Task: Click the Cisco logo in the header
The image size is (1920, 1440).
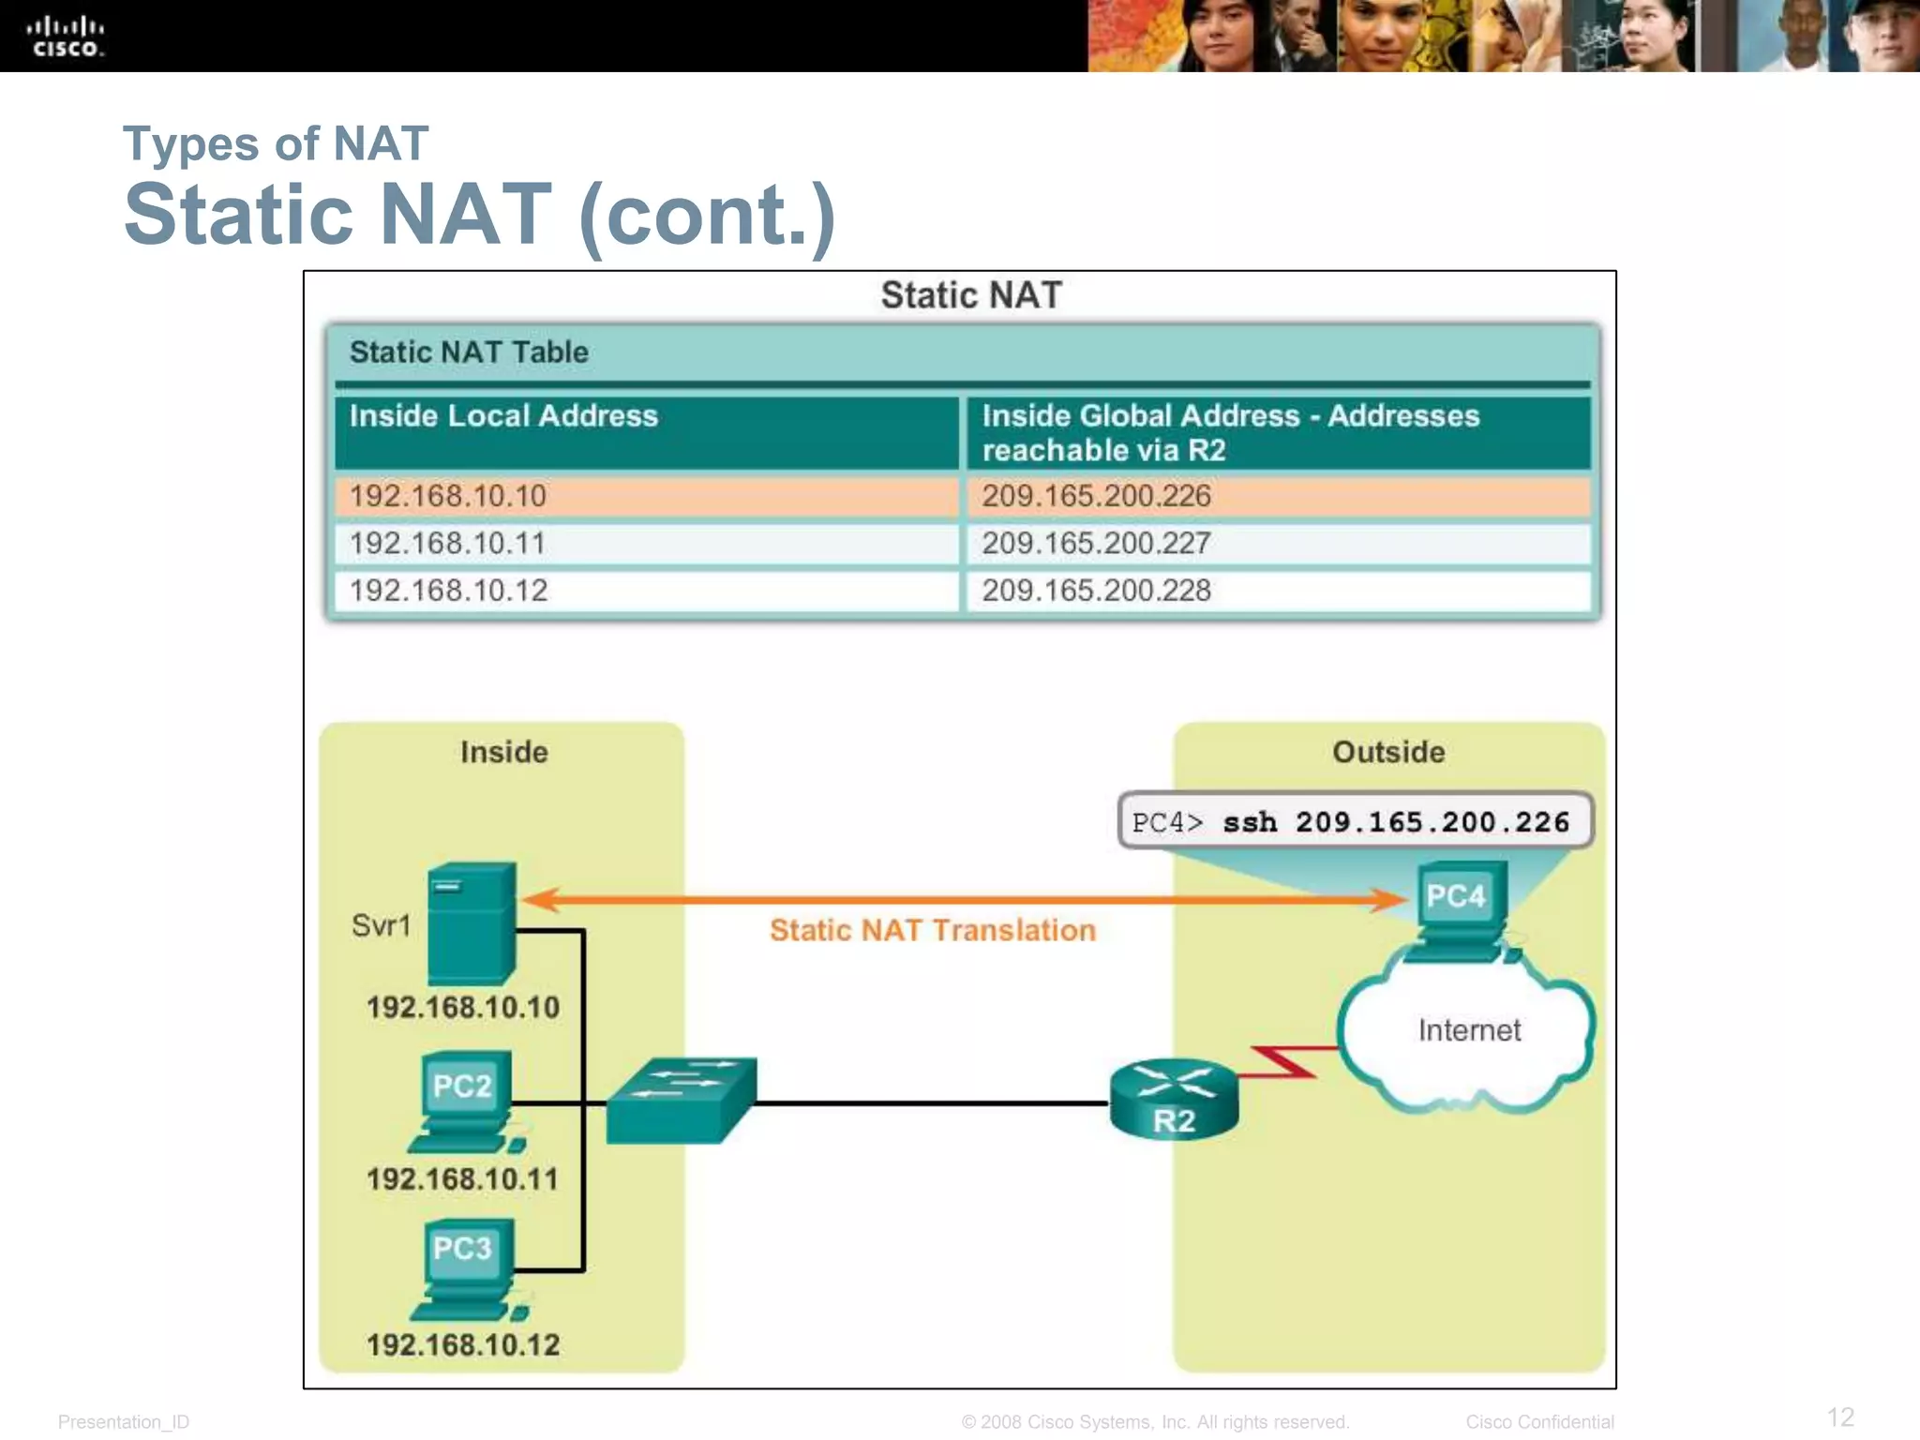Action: pyautogui.click(x=65, y=37)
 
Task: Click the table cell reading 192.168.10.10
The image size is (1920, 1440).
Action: pyautogui.click(x=447, y=497)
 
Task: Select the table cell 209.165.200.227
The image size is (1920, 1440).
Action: pyautogui.click(x=1096, y=544)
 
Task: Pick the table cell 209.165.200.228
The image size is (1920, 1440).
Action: pyautogui.click(x=1096, y=591)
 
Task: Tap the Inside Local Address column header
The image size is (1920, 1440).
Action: pyautogui.click(x=503, y=416)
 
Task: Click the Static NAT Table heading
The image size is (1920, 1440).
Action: pyautogui.click(x=469, y=352)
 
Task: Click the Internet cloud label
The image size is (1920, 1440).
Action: pyautogui.click(x=1468, y=1030)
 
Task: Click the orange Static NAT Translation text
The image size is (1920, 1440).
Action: pyautogui.click(x=932, y=930)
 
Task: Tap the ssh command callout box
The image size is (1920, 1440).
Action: pyautogui.click(x=1354, y=822)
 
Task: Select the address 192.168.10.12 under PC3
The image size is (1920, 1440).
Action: pyautogui.click(x=463, y=1345)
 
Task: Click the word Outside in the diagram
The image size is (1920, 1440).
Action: pyautogui.click(x=1388, y=752)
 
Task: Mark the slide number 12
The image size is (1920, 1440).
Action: pyautogui.click(x=1840, y=1417)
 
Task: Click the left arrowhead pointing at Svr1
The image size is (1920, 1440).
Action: pyautogui.click(x=540, y=900)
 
